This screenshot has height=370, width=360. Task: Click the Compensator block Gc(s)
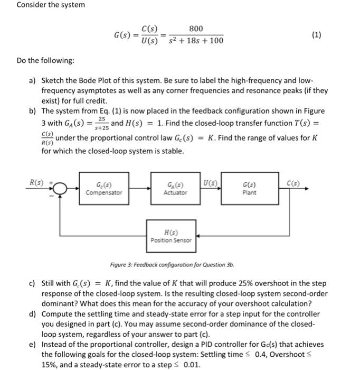(x=105, y=189)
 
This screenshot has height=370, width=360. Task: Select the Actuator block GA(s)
(x=176, y=189)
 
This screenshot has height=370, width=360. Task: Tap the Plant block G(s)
(x=249, y=189)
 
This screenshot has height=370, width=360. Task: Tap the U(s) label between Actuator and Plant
(x=211, y=182)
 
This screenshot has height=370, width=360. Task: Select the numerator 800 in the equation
(x=196, y=28)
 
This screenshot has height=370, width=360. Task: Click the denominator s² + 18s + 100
(x=196, y=41)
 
